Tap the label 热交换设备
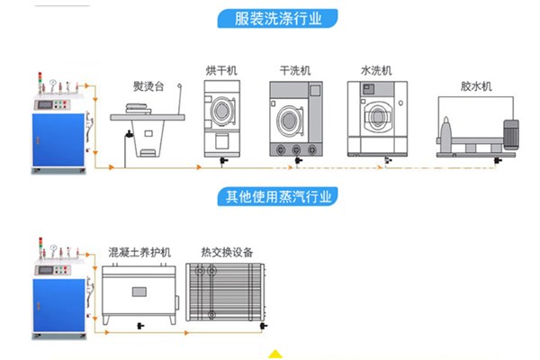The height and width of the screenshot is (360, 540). [x=226, y=253]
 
